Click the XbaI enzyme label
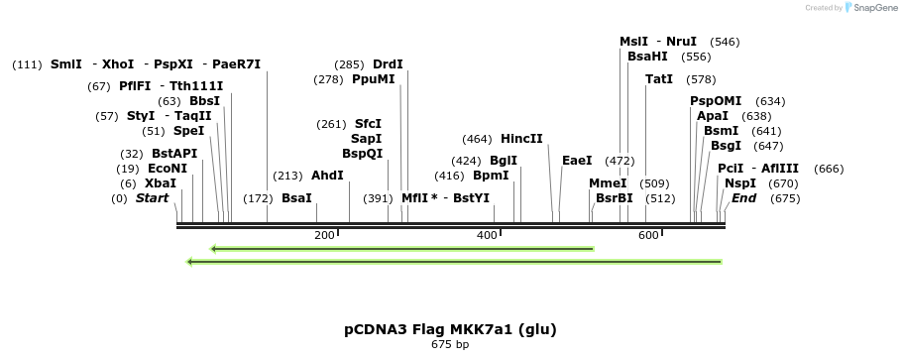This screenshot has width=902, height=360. (161, 183)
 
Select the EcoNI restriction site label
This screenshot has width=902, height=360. (167, 169)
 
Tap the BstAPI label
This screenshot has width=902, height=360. (174, 154)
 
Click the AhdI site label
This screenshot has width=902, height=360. (327, 176)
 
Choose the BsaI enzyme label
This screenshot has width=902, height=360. (296, 198)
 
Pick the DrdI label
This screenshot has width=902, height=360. (388, 64)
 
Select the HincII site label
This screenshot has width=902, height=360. (521, 139)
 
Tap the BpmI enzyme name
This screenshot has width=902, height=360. (491, 176)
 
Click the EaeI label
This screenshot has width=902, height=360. (577, 161)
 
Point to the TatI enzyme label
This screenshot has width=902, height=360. (659, 79)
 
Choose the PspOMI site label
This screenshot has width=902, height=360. (716, 101)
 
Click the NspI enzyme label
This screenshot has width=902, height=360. (739, 183)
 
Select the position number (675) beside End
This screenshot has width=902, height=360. (784, 198)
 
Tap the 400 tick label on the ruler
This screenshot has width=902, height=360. (486, 235)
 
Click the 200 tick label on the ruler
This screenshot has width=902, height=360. (324, 235)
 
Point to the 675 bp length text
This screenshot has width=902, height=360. (450, 345)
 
